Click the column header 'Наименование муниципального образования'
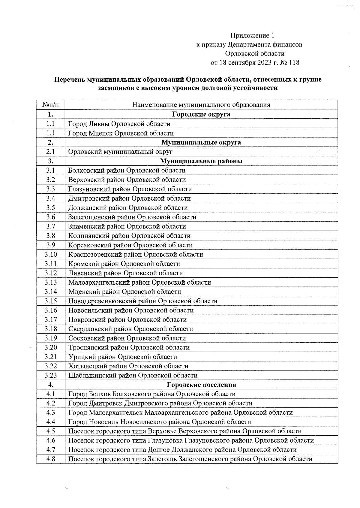point(201,105)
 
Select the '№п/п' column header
point(50,105)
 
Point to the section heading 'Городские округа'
point(201,114)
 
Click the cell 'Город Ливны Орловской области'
point(119,124)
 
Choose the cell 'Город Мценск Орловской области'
point(121,133)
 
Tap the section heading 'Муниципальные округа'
point(201,142)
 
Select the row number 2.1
point(50,152)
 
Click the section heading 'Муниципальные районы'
point(201,161)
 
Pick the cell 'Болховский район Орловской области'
point(127,170)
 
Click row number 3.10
point(50,254)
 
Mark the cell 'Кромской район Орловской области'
point(124,264)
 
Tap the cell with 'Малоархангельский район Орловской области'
point(139,282)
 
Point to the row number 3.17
point(50,319)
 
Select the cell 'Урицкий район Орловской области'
point(122,357)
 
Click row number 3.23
point(50,375)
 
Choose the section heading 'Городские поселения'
point(201,385)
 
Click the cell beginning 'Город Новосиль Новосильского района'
point(160,422)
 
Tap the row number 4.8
point(50,459)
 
